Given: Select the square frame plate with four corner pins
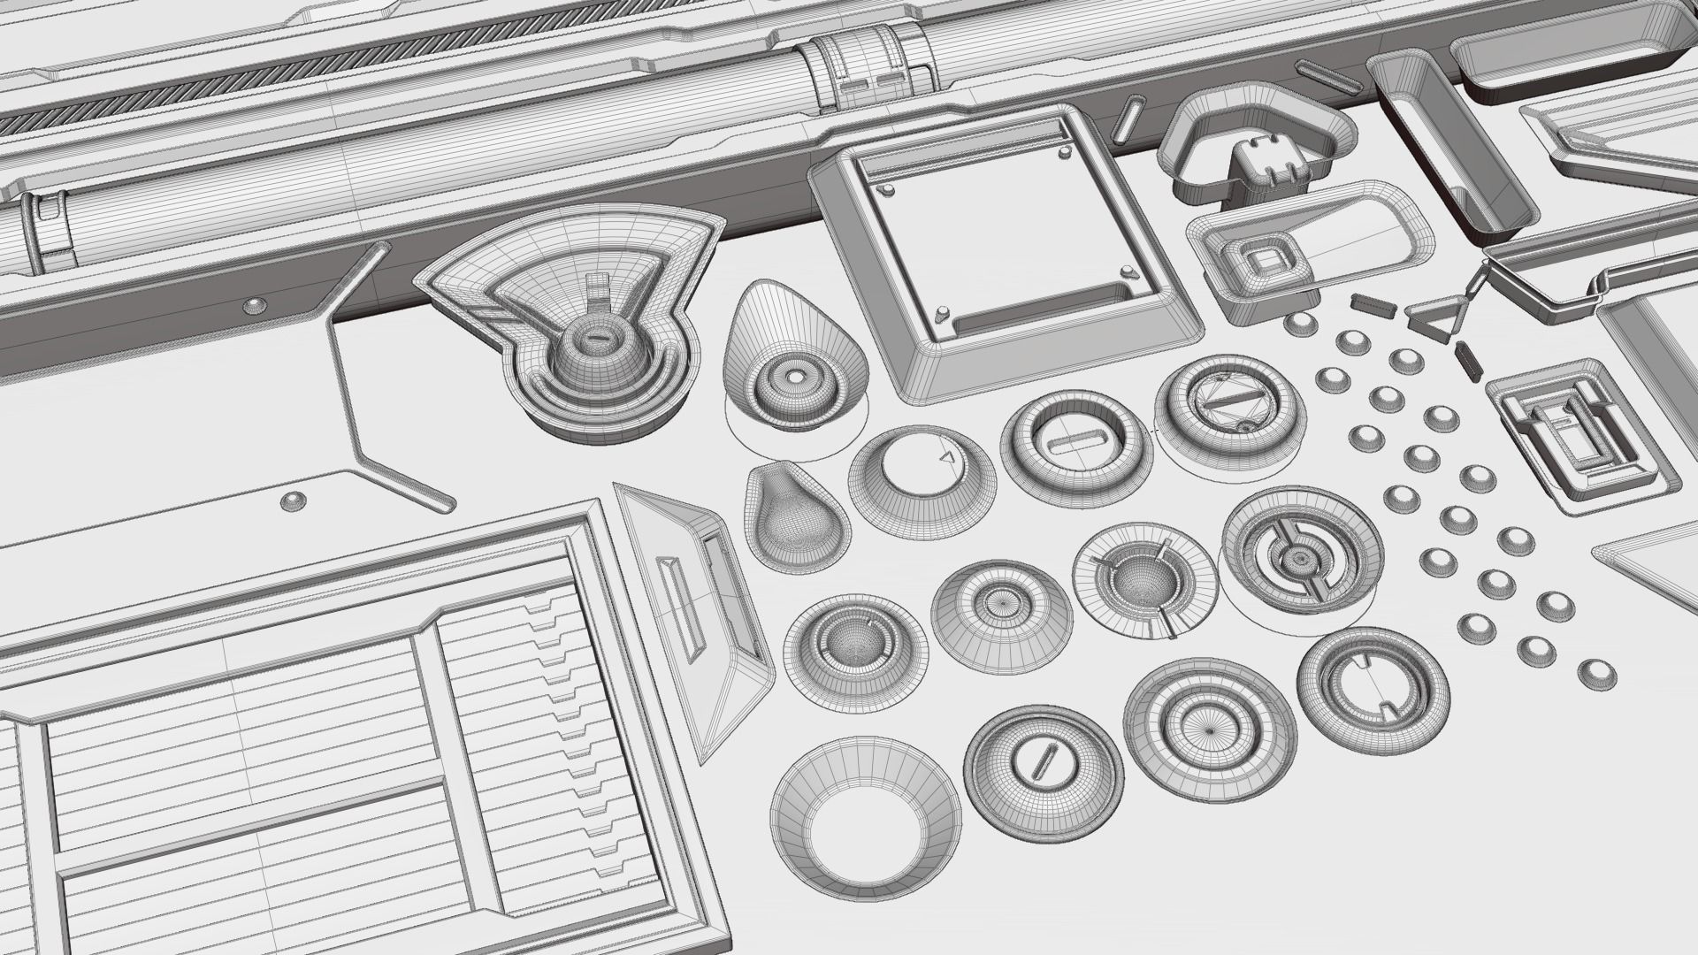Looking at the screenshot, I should tap(1004, 248).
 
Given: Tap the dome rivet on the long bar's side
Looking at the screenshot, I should tap(255, 306).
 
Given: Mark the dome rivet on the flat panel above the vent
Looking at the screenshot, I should tap(293, 503).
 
